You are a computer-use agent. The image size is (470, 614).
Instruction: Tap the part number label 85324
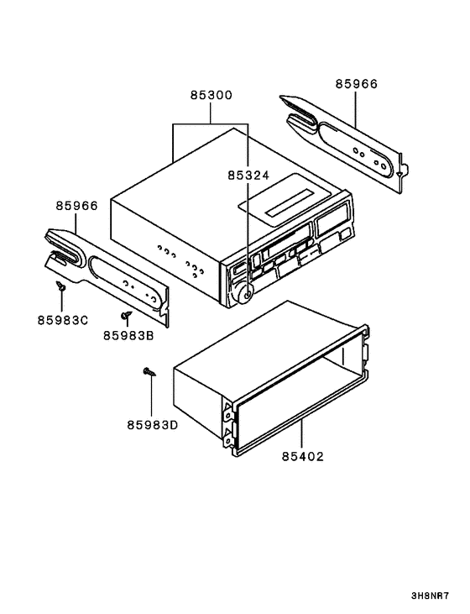248,176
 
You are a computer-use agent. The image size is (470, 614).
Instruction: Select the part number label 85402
302,457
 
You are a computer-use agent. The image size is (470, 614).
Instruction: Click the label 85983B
128,334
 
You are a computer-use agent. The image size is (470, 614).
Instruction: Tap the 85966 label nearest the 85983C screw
77,205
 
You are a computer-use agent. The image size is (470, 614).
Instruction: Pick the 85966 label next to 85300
357,84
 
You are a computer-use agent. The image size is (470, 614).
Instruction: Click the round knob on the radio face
243,293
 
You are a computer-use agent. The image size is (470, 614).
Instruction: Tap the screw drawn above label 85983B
126,315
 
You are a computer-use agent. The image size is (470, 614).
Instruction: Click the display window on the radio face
332,225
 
